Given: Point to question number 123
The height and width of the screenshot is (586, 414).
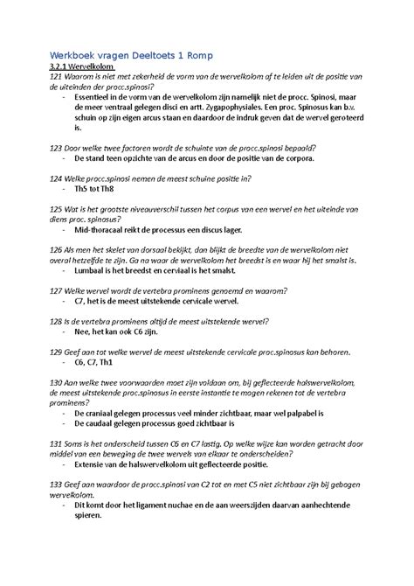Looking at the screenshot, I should pos(57,148).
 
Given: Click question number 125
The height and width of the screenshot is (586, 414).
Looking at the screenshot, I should pos(57,210).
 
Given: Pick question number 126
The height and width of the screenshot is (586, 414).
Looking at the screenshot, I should pos(57,250).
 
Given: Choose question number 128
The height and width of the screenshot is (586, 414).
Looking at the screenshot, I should pos(57,321).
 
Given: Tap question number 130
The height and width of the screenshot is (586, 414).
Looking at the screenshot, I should pos(57,382).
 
